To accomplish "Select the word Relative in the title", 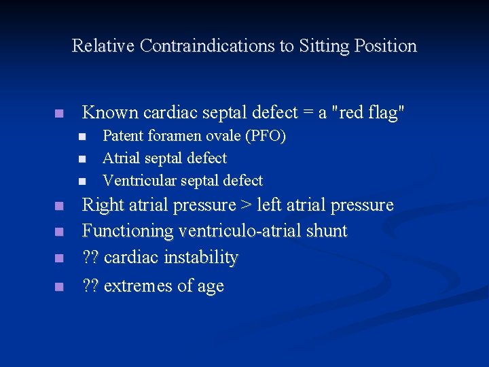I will [x=103, y=46].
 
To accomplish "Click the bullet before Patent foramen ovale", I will [x=81, y=137].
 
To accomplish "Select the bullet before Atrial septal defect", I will [x=81, y=159].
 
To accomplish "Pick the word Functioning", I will [x=128, y=232].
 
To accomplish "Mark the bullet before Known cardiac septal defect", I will [x=60, y=113].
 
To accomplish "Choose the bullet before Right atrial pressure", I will [x=60, y=206].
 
